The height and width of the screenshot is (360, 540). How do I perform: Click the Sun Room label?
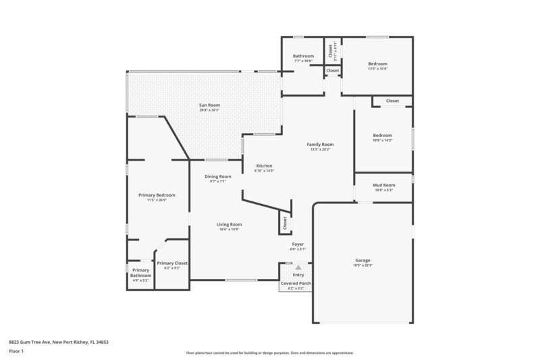click(x=209, y=105)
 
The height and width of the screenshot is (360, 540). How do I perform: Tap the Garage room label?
click(x=362, y=260)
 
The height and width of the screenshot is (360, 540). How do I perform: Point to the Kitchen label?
click(x=264, y=166)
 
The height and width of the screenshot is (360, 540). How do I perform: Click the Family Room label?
click(x=321, y=145)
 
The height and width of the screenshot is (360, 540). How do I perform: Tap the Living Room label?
click(x=229, y=225)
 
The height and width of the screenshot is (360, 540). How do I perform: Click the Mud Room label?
click(x=384, y=185)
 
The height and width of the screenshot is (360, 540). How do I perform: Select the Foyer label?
click(x=298, y=244)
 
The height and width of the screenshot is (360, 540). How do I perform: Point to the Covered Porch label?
click(x=296, y=284)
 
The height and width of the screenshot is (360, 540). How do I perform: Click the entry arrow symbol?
click(x=298, y=267)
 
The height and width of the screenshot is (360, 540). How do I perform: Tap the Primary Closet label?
click(x=171, y=263)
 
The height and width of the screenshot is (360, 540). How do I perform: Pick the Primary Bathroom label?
click(x=140, y=273)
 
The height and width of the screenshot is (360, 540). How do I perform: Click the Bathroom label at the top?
click(x=303, y=56)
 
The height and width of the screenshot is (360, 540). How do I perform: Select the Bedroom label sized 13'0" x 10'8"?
click(x=377, y=64)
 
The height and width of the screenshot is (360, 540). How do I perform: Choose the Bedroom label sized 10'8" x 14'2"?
click(x=383, y=135)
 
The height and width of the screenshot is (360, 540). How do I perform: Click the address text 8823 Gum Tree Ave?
click(x=59, y=342)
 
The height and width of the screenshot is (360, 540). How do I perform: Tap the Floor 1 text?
click(x=16, y=352)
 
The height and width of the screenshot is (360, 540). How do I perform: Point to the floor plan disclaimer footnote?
click(x=269, y=353)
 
